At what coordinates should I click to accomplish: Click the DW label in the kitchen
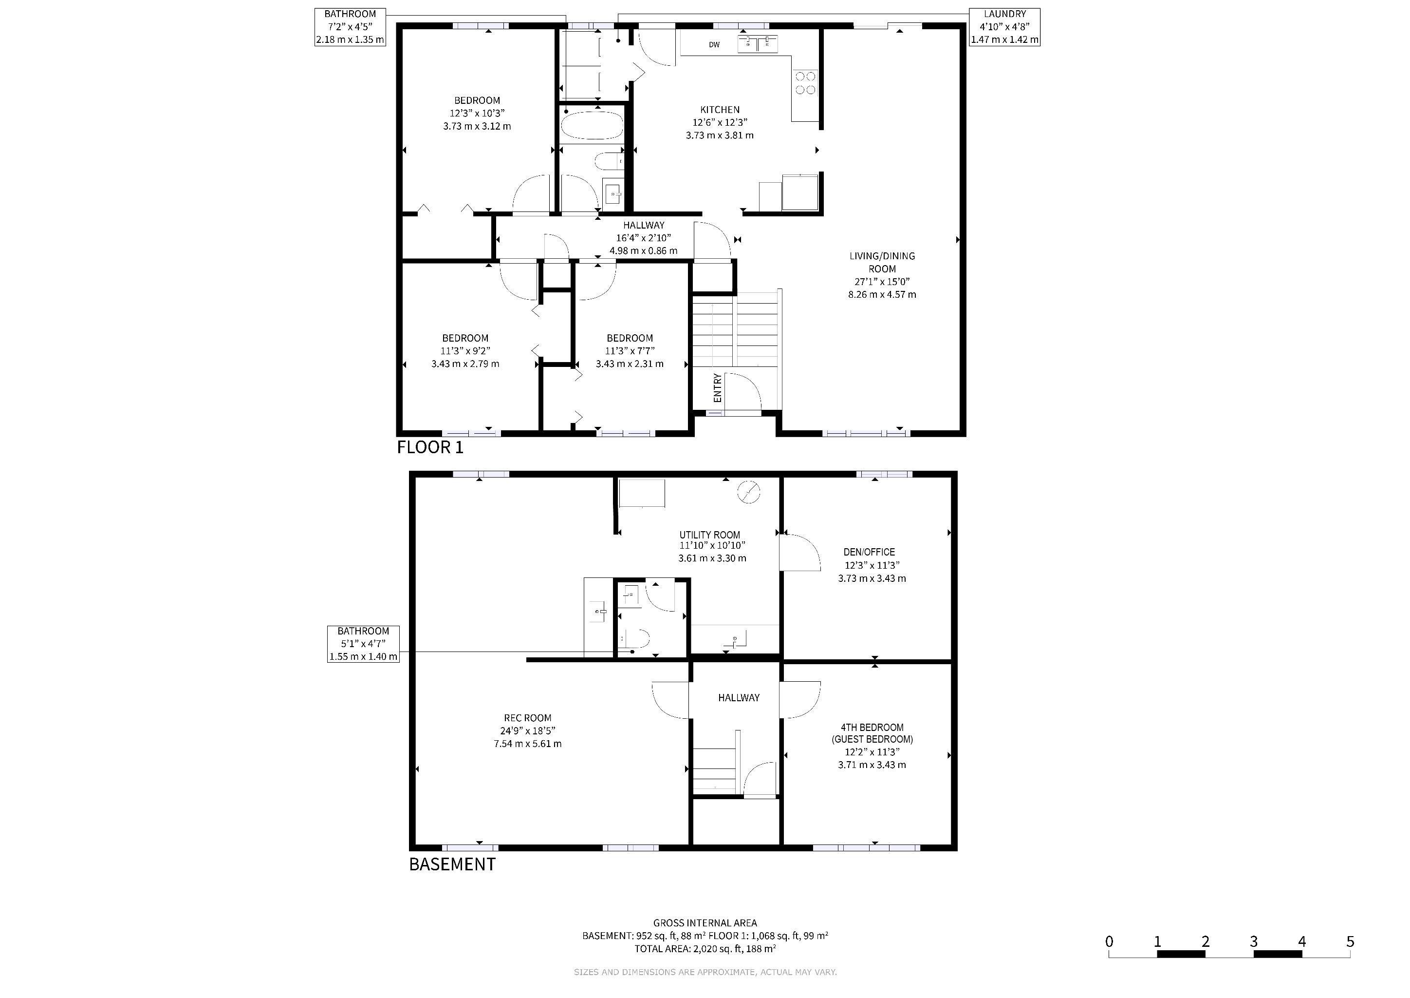(714, 45)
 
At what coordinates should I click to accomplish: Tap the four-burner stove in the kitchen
(806, 83)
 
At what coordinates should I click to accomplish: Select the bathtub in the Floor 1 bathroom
(592, 125)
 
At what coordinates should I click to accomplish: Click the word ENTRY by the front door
(717, 388)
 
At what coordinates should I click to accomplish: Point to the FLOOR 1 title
(430, 447)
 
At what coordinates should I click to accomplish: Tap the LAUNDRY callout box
(1005, 27)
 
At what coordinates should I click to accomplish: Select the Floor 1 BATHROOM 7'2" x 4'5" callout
(350, 27)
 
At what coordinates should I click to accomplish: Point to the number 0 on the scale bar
(1109, 941)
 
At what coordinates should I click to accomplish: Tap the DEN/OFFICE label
(869, 552)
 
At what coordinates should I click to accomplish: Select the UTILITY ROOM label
(709, 535)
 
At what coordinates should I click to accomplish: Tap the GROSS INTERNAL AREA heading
(705, 923)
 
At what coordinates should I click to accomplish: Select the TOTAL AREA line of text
(705, 949)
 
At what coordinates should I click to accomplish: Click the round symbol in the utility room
(749, 492)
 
